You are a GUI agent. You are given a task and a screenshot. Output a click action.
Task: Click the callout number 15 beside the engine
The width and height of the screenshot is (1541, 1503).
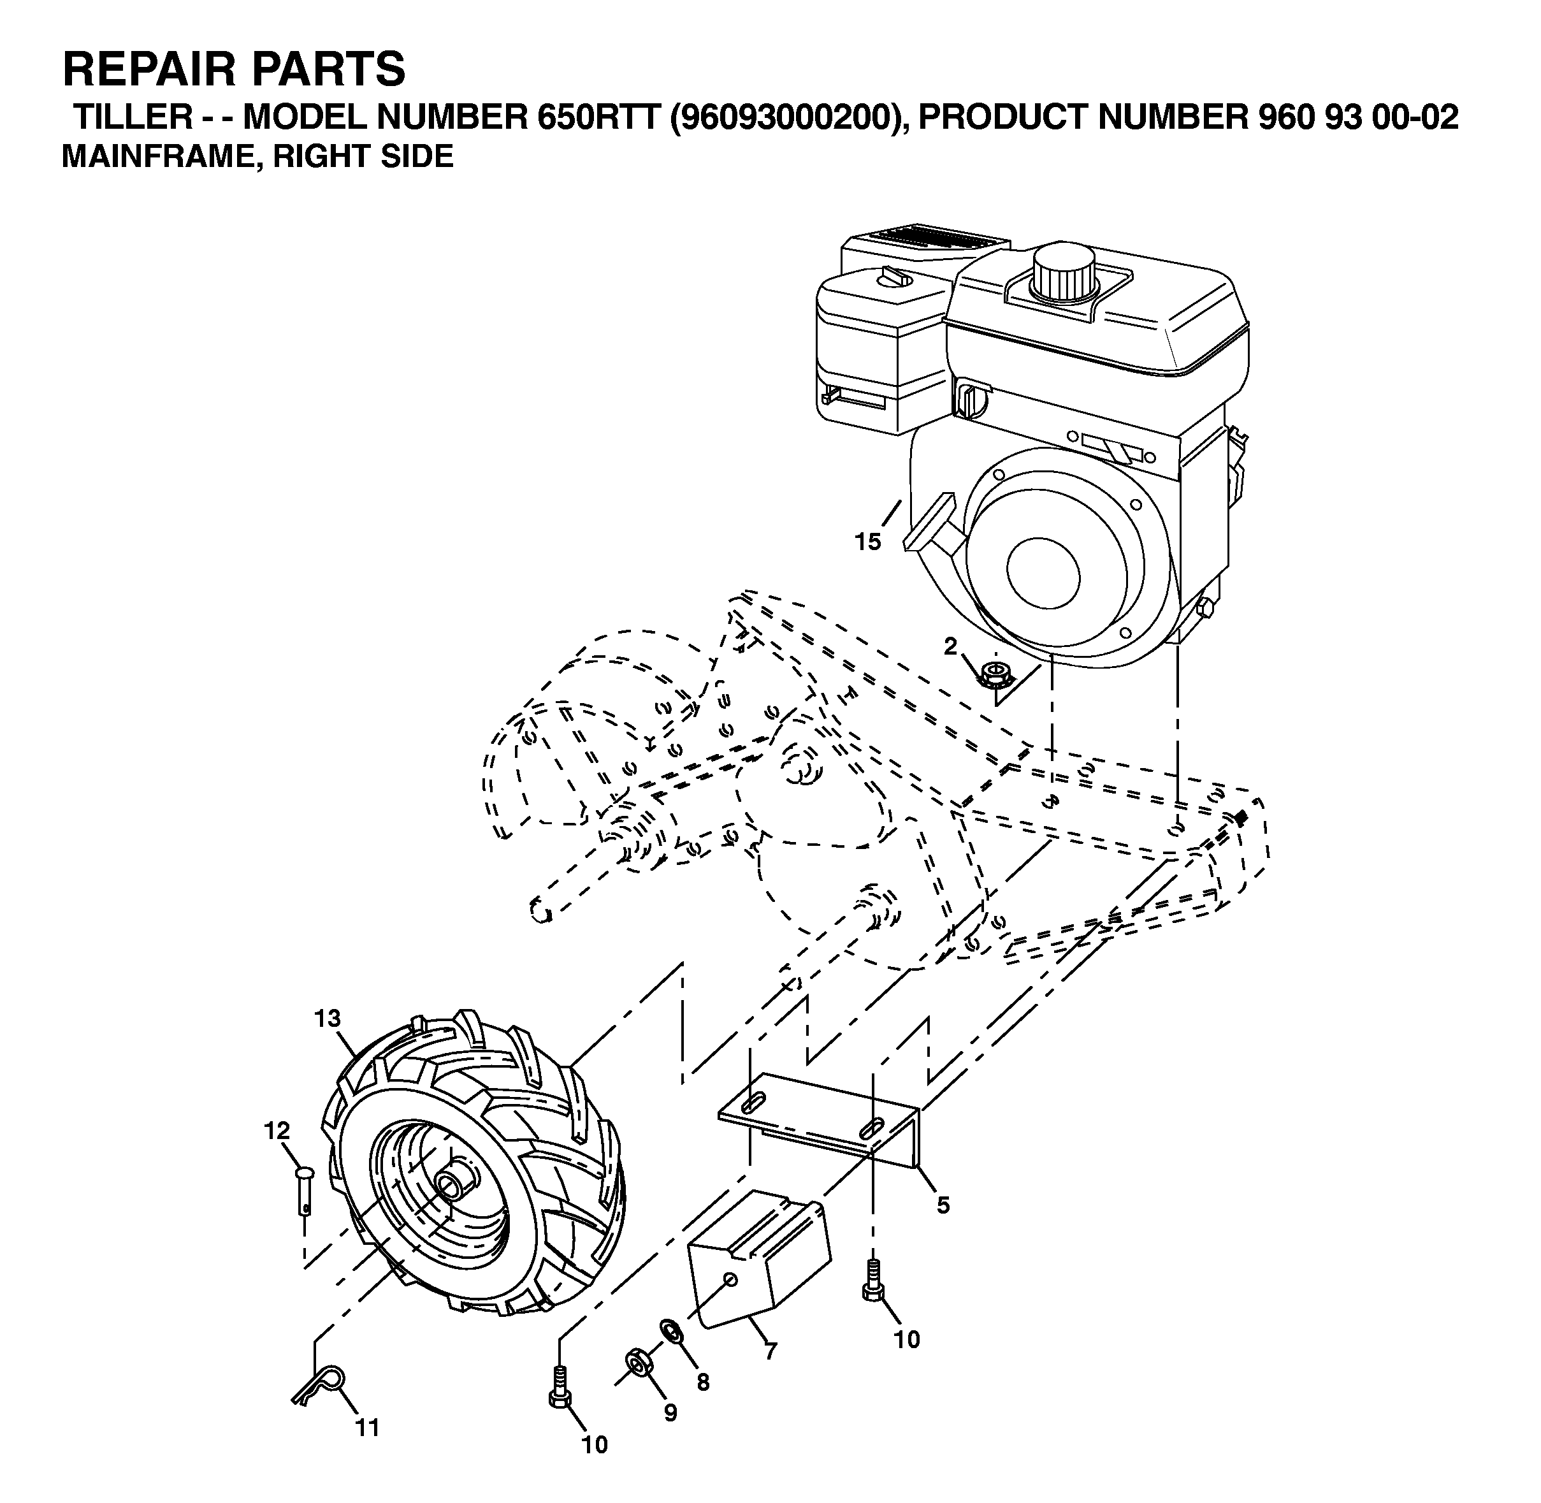(867, 542)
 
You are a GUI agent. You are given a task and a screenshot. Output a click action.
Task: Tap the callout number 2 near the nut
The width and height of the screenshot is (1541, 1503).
(950, 646)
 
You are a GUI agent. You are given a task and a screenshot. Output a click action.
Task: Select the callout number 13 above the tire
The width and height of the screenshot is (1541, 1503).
(327, 1019)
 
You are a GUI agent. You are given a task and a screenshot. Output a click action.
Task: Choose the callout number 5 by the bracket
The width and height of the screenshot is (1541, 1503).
(943, 1205)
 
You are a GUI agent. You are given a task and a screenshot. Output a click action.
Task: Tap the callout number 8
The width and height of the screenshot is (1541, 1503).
(702, 1383)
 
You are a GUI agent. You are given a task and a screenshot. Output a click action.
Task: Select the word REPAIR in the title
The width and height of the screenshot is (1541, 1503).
(150, 69)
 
